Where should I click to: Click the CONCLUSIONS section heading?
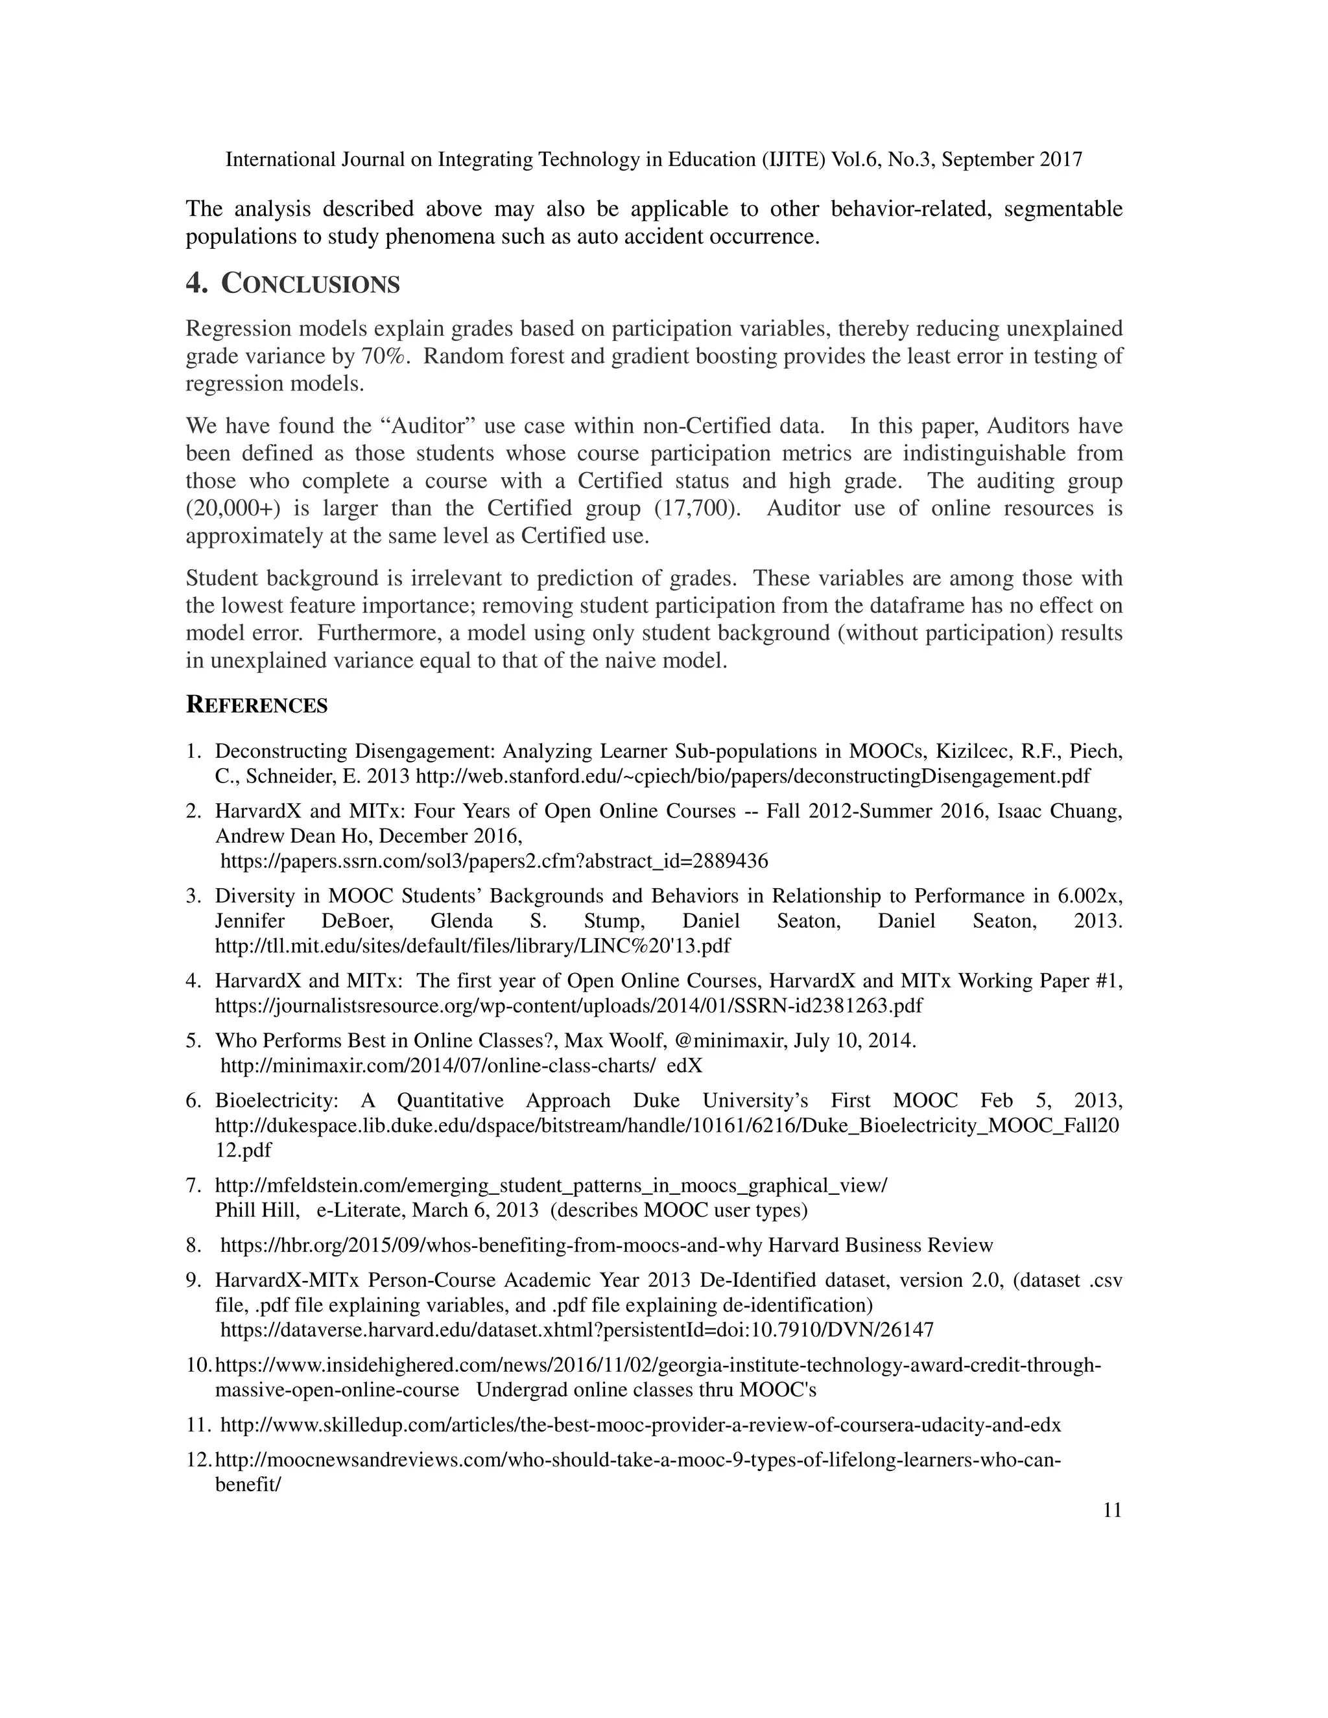310,284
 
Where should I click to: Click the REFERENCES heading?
257,705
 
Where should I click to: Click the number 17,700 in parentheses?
697,508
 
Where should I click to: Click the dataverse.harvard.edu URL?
576,1330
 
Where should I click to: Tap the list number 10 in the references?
198,1365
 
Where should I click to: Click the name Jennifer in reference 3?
250,921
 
